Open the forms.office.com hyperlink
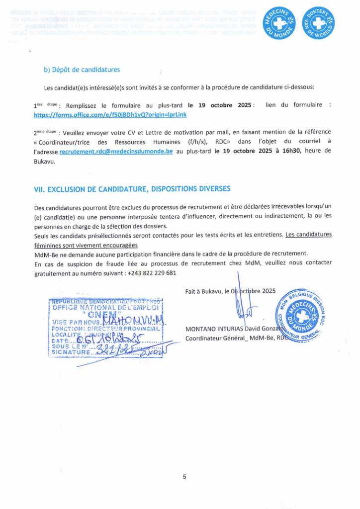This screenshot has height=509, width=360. [x=110, y=114]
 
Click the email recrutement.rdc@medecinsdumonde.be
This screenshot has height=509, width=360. [x=116, y=151]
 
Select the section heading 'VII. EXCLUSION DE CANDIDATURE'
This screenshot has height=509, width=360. [x=132, y=188]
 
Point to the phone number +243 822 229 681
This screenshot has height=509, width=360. [x=152, y=273]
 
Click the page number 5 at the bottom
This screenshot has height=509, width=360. [x=184, y=477]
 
